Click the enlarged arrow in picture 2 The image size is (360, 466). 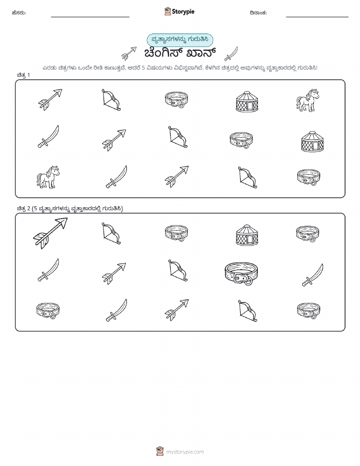click(x=50, y=233)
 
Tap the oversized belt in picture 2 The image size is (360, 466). click(x=241, y=273)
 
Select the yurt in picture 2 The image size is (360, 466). click(x=247, y=235)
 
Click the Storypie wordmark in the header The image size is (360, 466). click(x=183, y=12)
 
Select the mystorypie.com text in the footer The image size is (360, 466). click(x=185, y=452)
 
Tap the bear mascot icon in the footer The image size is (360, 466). click(x=160, y=451)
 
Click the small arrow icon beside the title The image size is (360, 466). click(x=129, y=53)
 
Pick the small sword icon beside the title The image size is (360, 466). click(x=231, y=53)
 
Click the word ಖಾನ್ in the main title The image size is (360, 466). click(x=201, y=53)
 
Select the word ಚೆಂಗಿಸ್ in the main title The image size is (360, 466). click(x=162, y=53)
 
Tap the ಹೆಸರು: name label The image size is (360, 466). click(x=19, y=13)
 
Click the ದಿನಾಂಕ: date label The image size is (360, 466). click(x=258, y=13)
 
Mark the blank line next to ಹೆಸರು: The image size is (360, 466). click(x=90, y=17)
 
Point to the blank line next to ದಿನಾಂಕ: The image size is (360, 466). click(x=317, y=17)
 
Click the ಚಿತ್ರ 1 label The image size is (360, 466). click(x=23, y=75)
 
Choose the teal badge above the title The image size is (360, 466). click(x=180, y=40)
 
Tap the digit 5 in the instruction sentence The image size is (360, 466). click(x=144, y=68)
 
